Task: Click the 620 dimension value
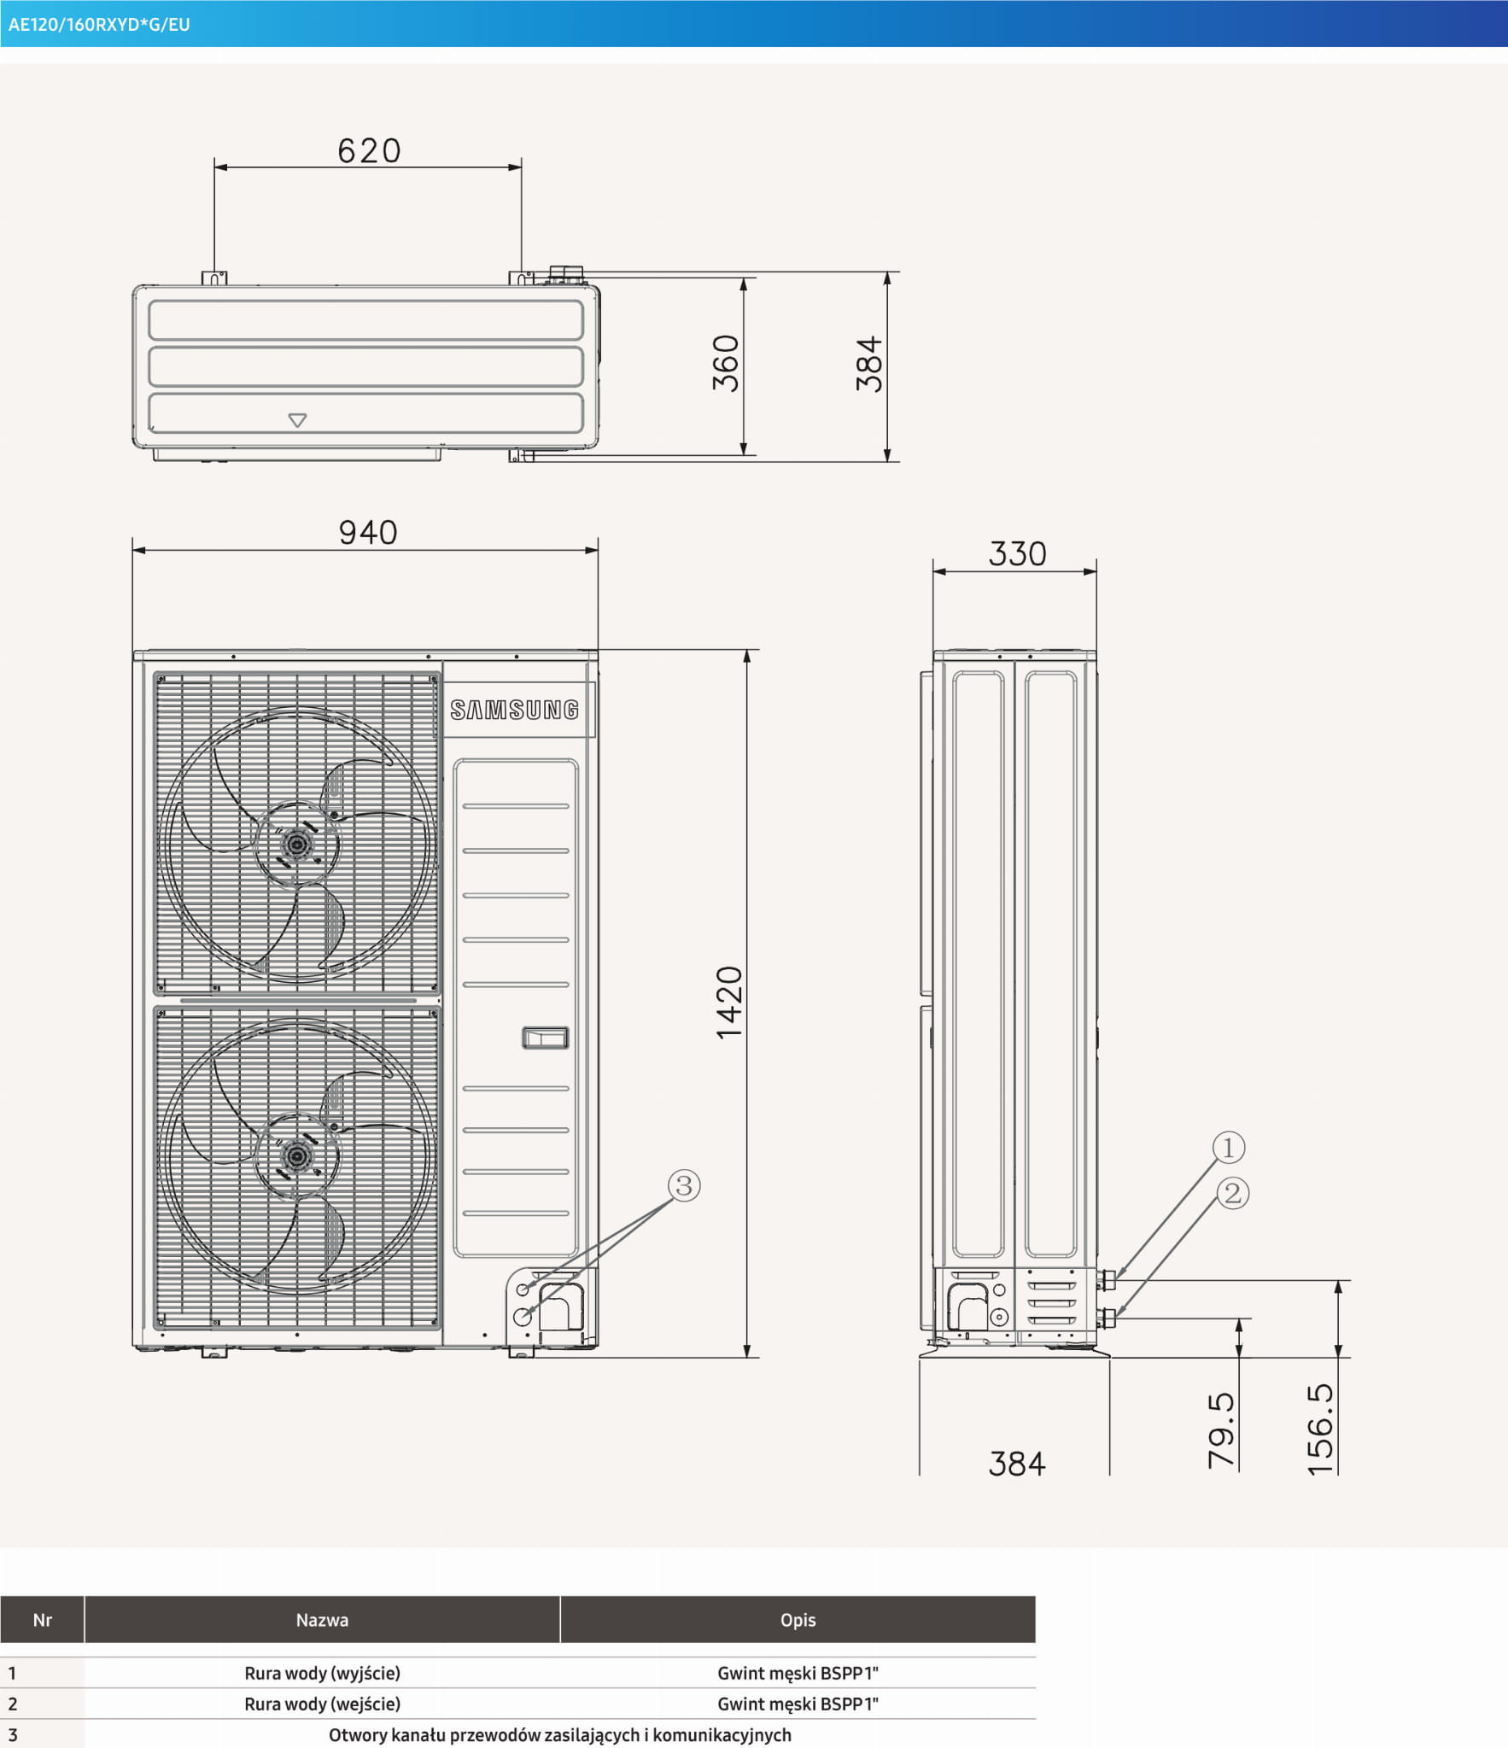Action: tap(369, 151)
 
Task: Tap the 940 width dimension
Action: tap(368, 533)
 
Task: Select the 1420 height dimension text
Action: tap(729, 1003)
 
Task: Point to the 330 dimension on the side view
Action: tap(1017, 554)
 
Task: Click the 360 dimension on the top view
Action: tap(726, 363)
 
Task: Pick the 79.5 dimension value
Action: tap(1221, 1430)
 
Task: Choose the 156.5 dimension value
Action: tap(1320, 1429)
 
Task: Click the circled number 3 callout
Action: tap(683, 1185)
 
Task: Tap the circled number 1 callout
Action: tap(1228, 1147)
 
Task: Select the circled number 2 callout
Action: tap(1232, 1193)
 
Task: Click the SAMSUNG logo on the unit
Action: tap(515, 710)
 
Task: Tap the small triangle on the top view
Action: tap(297, 420)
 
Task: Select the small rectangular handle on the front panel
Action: tap(545, 1038)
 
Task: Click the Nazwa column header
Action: tap(322, 1620)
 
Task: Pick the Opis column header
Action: tap(798, 1620)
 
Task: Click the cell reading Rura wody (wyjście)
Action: tap(322, 1673)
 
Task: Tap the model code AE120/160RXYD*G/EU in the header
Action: tap(99, 25)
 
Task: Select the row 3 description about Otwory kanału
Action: tap(560, 1734)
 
